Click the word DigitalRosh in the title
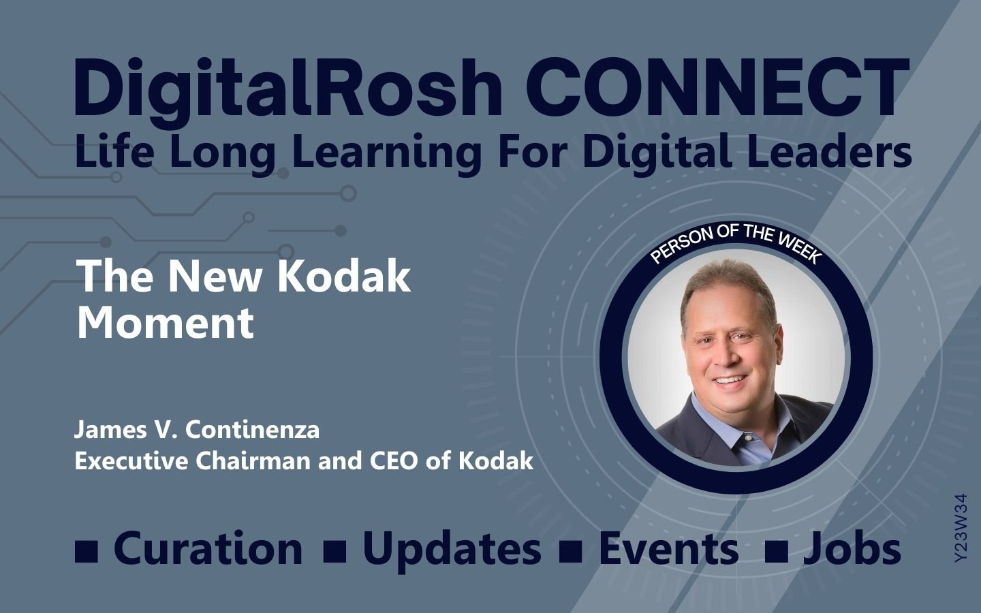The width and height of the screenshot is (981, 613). click(287, 89)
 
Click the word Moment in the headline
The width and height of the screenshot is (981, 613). click(165, 322)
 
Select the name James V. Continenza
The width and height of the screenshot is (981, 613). click(197, 430)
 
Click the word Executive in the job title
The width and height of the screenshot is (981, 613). click(132, 460)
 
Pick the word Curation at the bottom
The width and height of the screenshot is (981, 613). click(208, 548)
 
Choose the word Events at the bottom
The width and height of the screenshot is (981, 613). click(668, 548)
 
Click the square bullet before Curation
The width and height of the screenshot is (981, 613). click(87, 552)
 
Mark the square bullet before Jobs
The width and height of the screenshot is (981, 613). click(776, 552)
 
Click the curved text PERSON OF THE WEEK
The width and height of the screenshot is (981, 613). click(736, 243)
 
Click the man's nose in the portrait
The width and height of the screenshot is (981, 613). click(727, 357)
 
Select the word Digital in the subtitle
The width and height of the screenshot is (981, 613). click(657, 154)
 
